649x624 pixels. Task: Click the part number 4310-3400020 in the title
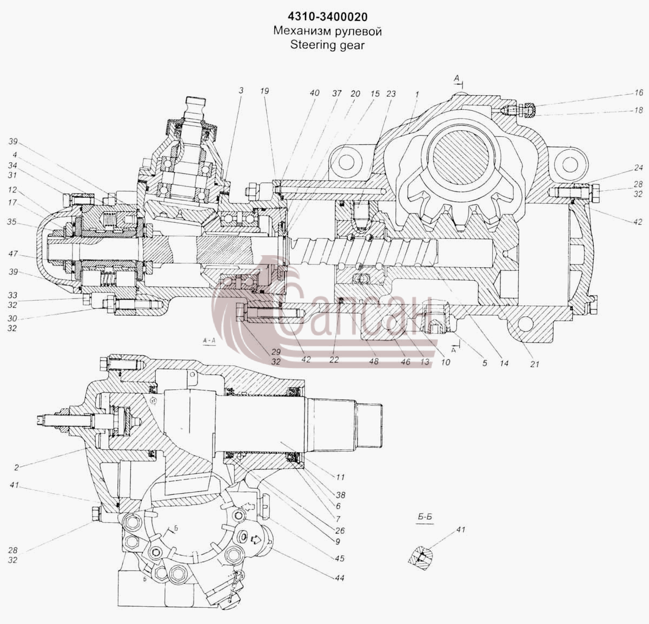pyautogui.click(x=328, y=17)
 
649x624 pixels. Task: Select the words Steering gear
pyautogui.click(x=328, y=45)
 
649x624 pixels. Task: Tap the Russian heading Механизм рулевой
pyautogui.click(x=328, y=31)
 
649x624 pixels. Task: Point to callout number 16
pyautogui.click(x=638, y=92)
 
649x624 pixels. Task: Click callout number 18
pyautogui.click(x=638, y=110)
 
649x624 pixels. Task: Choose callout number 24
pyautogui.click(x=638, y=168)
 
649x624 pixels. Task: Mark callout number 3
pyautogui.click(x=241, y=90)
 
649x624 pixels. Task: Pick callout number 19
pyautogui.click(x=264, y=91)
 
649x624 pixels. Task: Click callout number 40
pyautogui.click(x=314, y=93)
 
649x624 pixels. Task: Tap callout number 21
pyautogui.click(x=534, y=364)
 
